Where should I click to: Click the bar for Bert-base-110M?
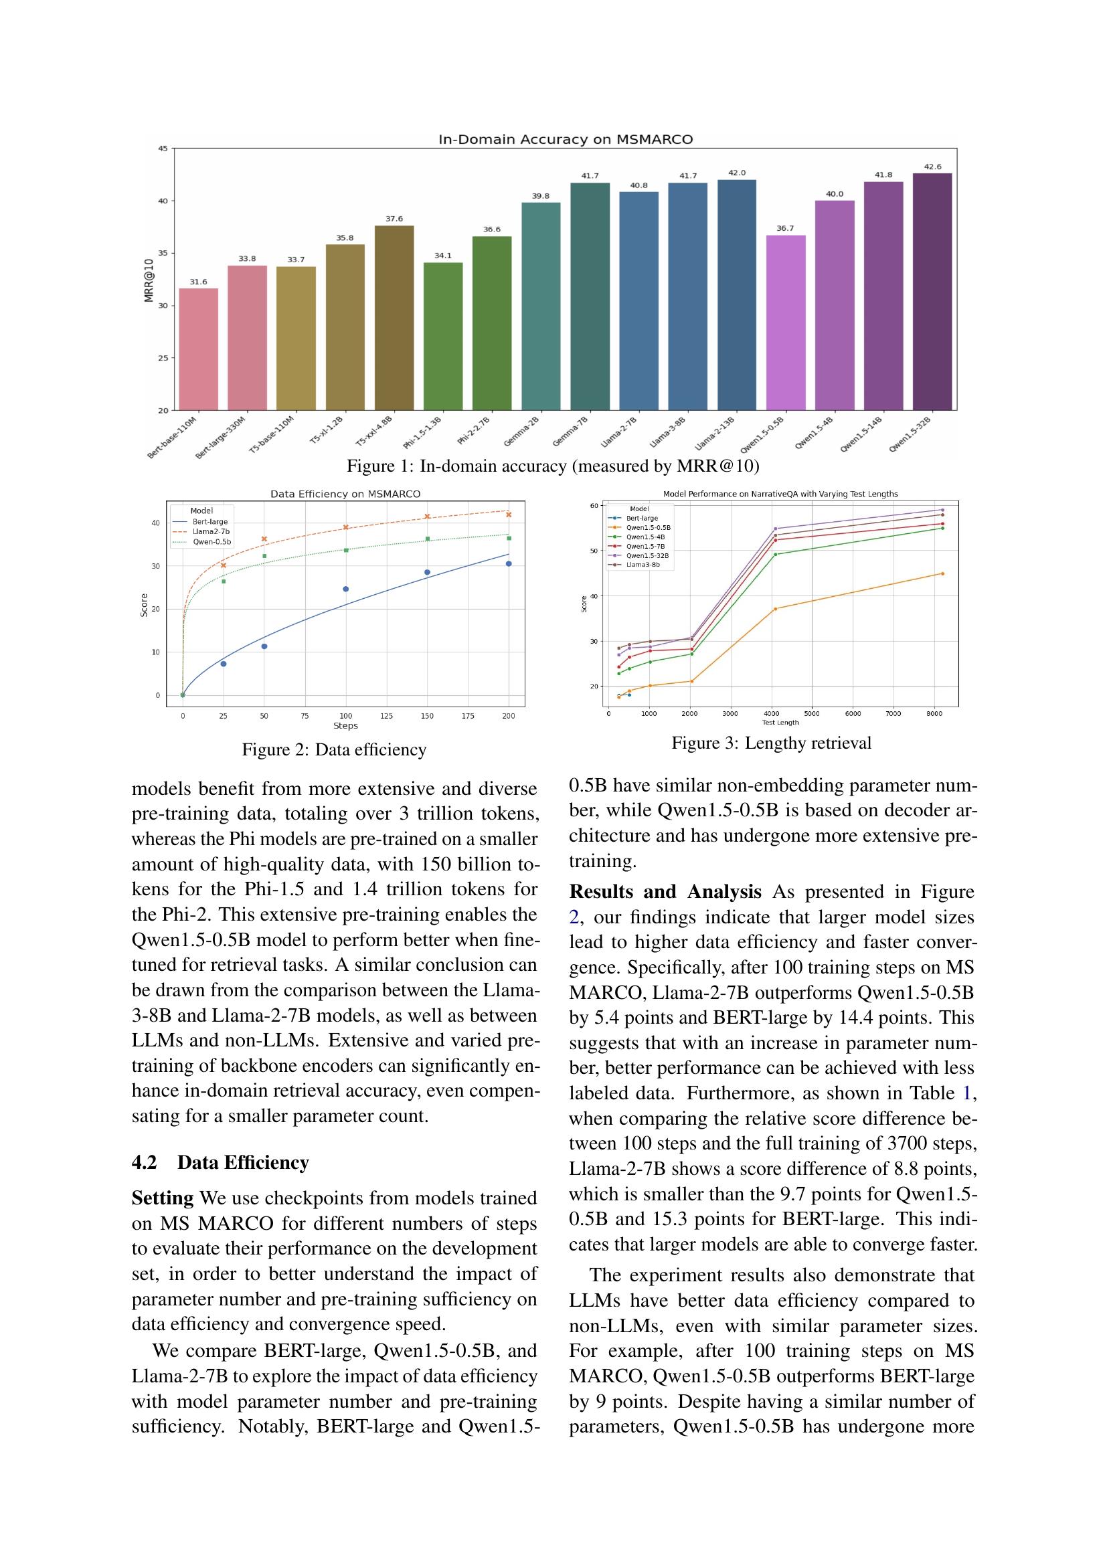198,349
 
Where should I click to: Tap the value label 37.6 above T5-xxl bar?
394,219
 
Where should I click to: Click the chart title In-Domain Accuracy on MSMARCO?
565,140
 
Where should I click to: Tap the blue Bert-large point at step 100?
345,589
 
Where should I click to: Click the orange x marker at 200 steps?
509,515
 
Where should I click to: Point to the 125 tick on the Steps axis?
386,717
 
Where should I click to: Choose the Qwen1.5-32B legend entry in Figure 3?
647,555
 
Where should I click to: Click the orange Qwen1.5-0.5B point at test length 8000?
942,573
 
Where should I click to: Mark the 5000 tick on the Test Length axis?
812,714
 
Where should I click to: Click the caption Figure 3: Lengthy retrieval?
771,743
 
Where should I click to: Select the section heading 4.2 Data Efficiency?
220,1162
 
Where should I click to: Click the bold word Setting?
162,1198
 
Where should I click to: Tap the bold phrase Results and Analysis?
665,891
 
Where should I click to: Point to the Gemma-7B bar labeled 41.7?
590,296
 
